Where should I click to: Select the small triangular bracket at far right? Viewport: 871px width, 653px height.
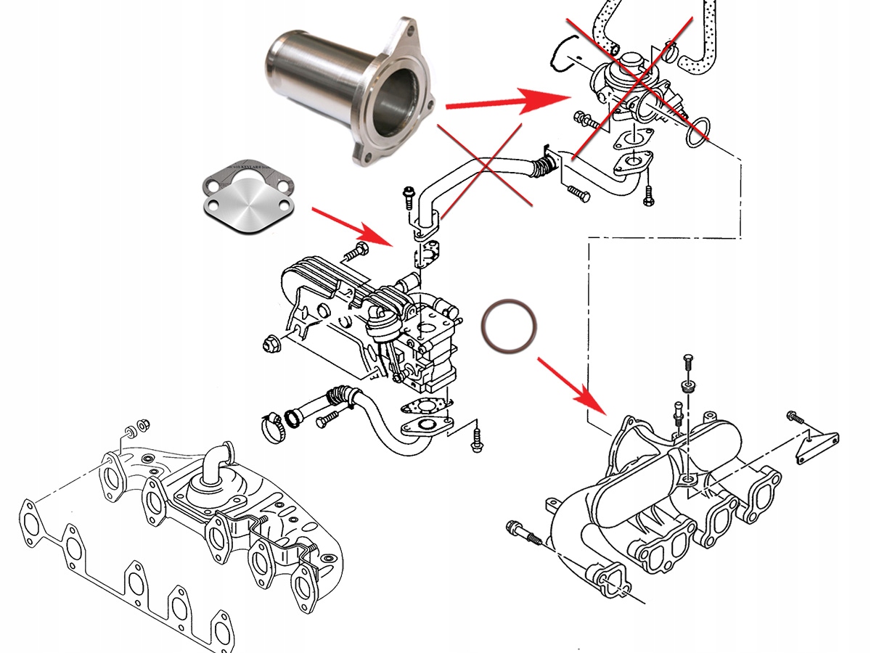tap(817, 444)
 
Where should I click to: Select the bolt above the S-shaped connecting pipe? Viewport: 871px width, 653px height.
tap(408, 197)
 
